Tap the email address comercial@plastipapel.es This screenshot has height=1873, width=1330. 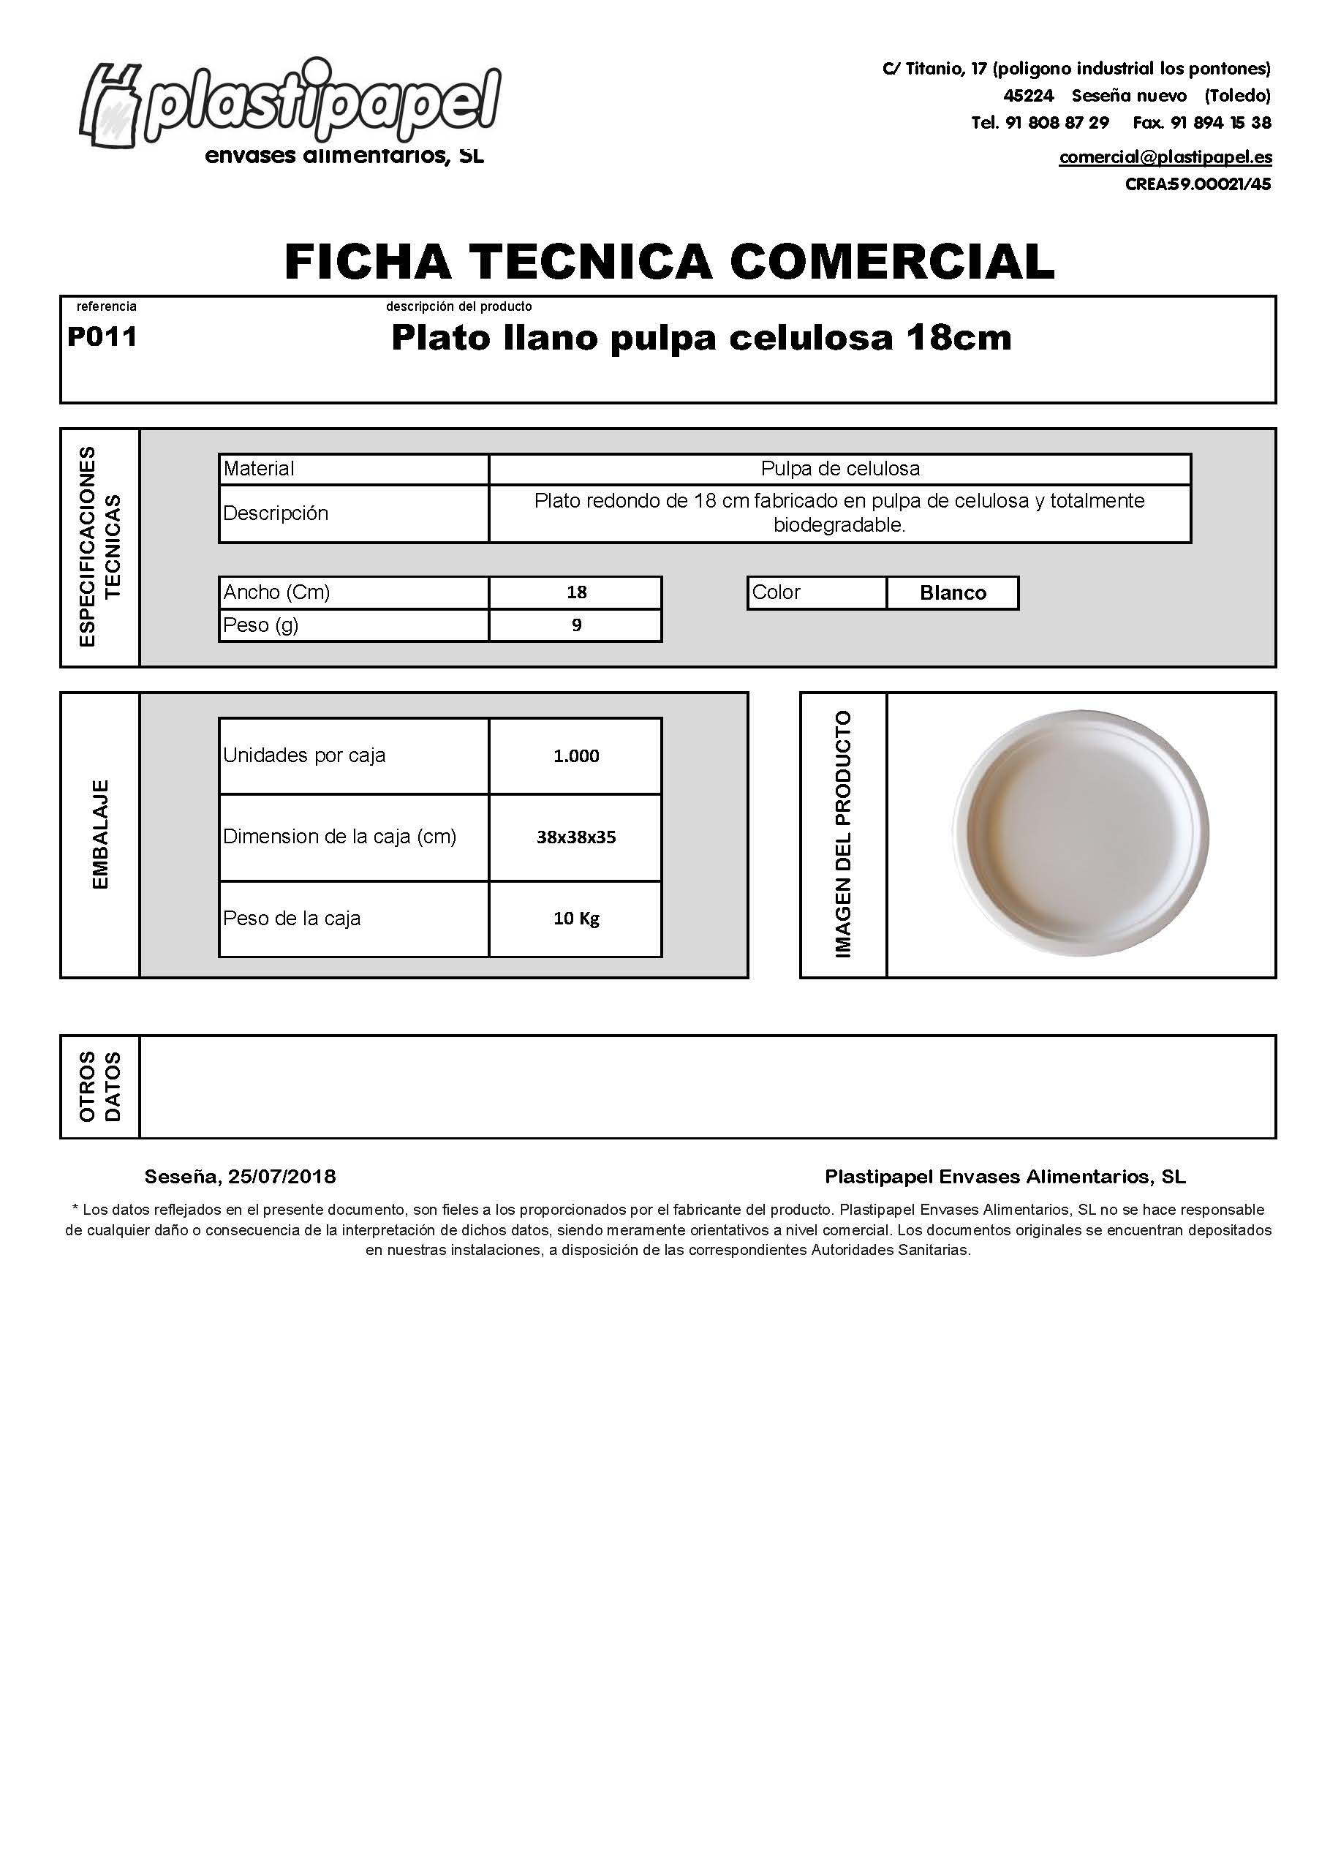pyautogui.click(x=1165, y=157)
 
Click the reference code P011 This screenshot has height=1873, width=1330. pyautogui.click(x=102, y=336)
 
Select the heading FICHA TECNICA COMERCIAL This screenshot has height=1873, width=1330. pyautogui.click(x=669, y=261)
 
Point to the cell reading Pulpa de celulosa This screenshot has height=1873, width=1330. pyautogui.click(x=839, y=469)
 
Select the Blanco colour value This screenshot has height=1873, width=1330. pyautogui.click(x=953, y=593)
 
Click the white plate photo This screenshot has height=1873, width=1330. pyautogui.click(x=1080, y=833)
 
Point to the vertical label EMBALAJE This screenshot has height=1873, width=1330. pyautogui.click(x=100, y=834)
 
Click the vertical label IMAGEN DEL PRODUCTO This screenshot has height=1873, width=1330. pyautogui.click(x=843, y=834)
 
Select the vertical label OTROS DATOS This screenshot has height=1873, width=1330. pyautogui.click(x=100, y=1086)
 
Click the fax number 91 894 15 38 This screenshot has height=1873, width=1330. pyautogui.click(x=1220, y=123)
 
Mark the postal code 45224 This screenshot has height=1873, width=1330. pyautogui.click(x=1028, y=96)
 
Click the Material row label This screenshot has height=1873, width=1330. pyautogui.click(x=259, y=469)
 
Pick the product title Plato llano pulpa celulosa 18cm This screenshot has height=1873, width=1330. pyautogui.click(x=701, y=337)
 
